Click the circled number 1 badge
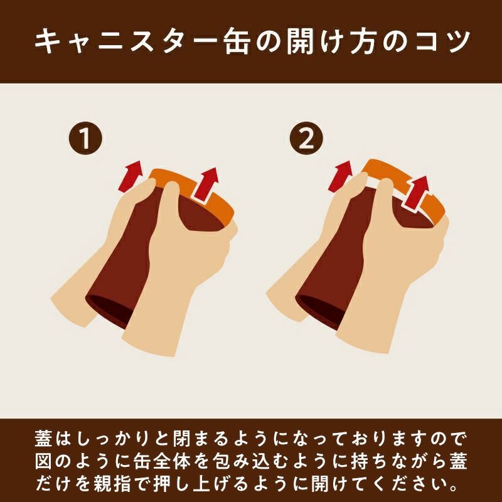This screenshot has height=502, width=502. (85, 138)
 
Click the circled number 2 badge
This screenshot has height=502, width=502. (306, 138)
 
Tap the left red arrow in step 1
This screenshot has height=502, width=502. (131, 176)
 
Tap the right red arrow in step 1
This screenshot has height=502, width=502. (206, 184)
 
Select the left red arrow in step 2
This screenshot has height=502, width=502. (341, 176)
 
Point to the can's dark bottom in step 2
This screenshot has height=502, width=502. (318, 311)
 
